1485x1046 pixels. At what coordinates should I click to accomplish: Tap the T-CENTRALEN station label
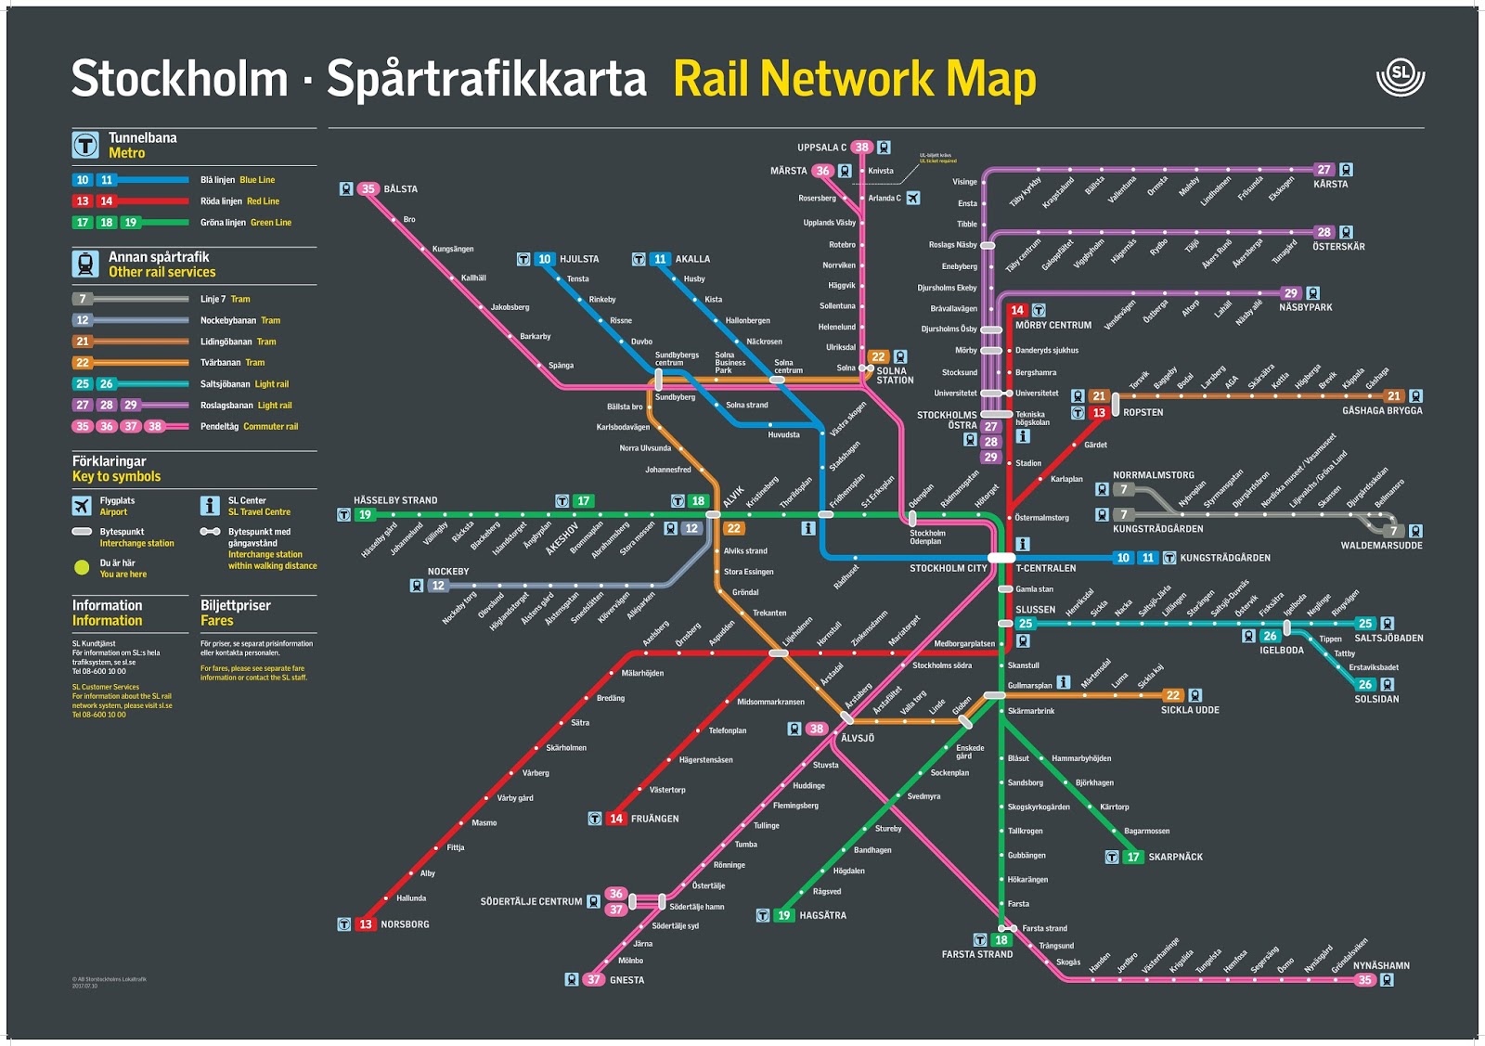[x=1045, y=568]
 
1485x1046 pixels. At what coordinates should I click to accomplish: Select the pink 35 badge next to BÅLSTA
[x=368, y=188]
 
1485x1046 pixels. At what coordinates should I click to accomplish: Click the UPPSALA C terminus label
[x=820, y=148]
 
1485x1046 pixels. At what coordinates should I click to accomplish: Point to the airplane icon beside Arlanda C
[x=913, y=198]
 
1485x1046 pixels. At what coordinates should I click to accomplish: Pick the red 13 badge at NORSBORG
[x=366, y=924]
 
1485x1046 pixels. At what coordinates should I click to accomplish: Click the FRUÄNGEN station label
[x=654, y=819]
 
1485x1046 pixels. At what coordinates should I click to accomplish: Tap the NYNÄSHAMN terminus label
[x=1380, y=965]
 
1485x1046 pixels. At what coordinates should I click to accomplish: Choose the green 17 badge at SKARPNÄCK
[x=1132, y=857]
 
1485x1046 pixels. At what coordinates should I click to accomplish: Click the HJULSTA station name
[x=579, y=259]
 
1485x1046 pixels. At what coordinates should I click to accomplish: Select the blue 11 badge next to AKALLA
[x=660, y=259]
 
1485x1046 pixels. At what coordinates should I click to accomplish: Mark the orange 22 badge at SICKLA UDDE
[x=1173, y=695]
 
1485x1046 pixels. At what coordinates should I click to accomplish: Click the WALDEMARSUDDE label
[x=1380, y=546]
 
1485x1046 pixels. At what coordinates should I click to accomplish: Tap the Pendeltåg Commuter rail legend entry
[x=249, y=426]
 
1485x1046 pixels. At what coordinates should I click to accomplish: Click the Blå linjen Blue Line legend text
[x=238, y=180]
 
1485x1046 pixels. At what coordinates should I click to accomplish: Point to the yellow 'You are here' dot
[x=82, y=567]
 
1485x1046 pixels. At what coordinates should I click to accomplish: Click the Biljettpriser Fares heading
[x=236, y=613]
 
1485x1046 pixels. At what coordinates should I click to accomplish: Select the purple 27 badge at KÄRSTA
[x=1324, y=170]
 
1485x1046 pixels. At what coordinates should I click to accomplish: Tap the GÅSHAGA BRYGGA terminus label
[x=1381, y=410]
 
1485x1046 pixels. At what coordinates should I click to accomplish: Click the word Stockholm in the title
[x=179, y=78]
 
